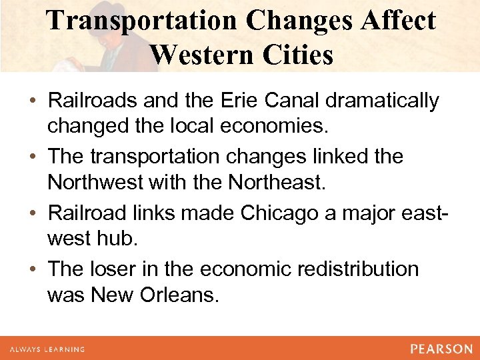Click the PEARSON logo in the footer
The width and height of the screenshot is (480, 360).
click(441, 348)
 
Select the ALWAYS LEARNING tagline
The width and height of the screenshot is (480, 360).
click(47, 349)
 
